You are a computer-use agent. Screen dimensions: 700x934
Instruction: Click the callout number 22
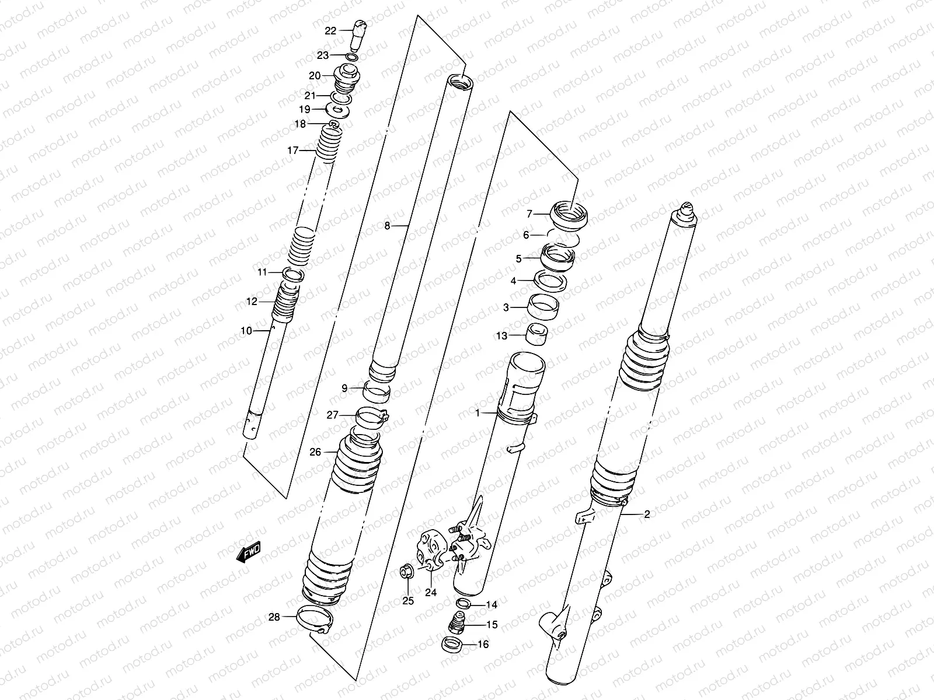330,31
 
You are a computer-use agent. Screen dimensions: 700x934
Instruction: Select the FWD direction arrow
248,552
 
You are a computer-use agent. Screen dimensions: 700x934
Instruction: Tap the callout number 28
274,617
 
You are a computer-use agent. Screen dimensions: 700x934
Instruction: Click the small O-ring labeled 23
351,57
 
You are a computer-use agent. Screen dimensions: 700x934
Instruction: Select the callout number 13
501,336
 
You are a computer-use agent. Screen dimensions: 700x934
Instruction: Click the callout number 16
483,645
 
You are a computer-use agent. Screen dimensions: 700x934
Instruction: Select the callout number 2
646,514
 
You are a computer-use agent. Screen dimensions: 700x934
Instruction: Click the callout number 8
387,226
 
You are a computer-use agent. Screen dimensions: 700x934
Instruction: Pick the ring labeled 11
292,273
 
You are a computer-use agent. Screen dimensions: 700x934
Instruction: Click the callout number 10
246,331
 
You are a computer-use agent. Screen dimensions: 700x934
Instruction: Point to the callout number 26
315,452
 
